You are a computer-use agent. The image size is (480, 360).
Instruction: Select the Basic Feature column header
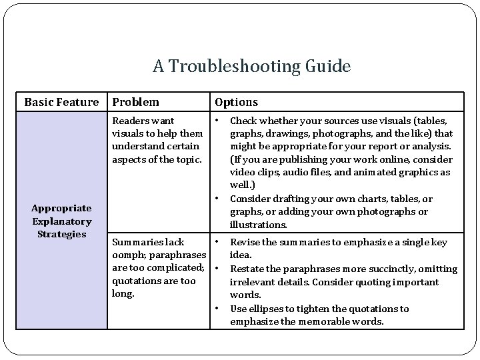[x=61, y=102]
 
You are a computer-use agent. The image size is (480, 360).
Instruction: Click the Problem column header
[x=136, y=102]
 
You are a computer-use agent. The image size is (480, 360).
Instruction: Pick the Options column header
[x=236, y=102]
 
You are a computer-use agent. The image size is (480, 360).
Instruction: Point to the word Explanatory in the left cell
[x=61, y=221]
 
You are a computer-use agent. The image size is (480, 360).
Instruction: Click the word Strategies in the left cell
[x=61, y=234]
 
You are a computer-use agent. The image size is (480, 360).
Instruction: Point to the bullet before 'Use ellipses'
[x=218, y=309]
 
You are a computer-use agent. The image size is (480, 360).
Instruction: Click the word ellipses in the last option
[x=265, y=309]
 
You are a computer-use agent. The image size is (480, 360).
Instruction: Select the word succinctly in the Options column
[x=394, y=269]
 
